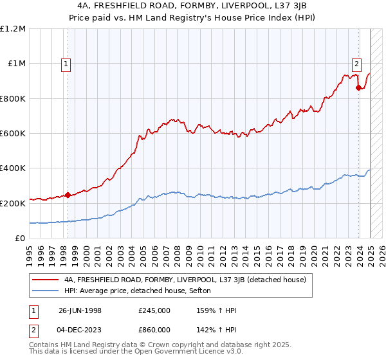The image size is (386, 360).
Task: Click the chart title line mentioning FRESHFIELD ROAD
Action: pos(192,6)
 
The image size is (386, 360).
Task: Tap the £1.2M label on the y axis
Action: pos(13,29)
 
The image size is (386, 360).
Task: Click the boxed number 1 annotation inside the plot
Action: pos(68,63)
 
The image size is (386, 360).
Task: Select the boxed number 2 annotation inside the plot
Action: pos(356,63)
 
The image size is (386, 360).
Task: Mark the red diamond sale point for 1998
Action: pos(68,195)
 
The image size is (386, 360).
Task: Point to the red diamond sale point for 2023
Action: pos(358,88)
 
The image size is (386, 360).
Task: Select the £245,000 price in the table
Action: pos(154,311)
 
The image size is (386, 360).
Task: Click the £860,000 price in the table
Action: pos(154,330)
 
